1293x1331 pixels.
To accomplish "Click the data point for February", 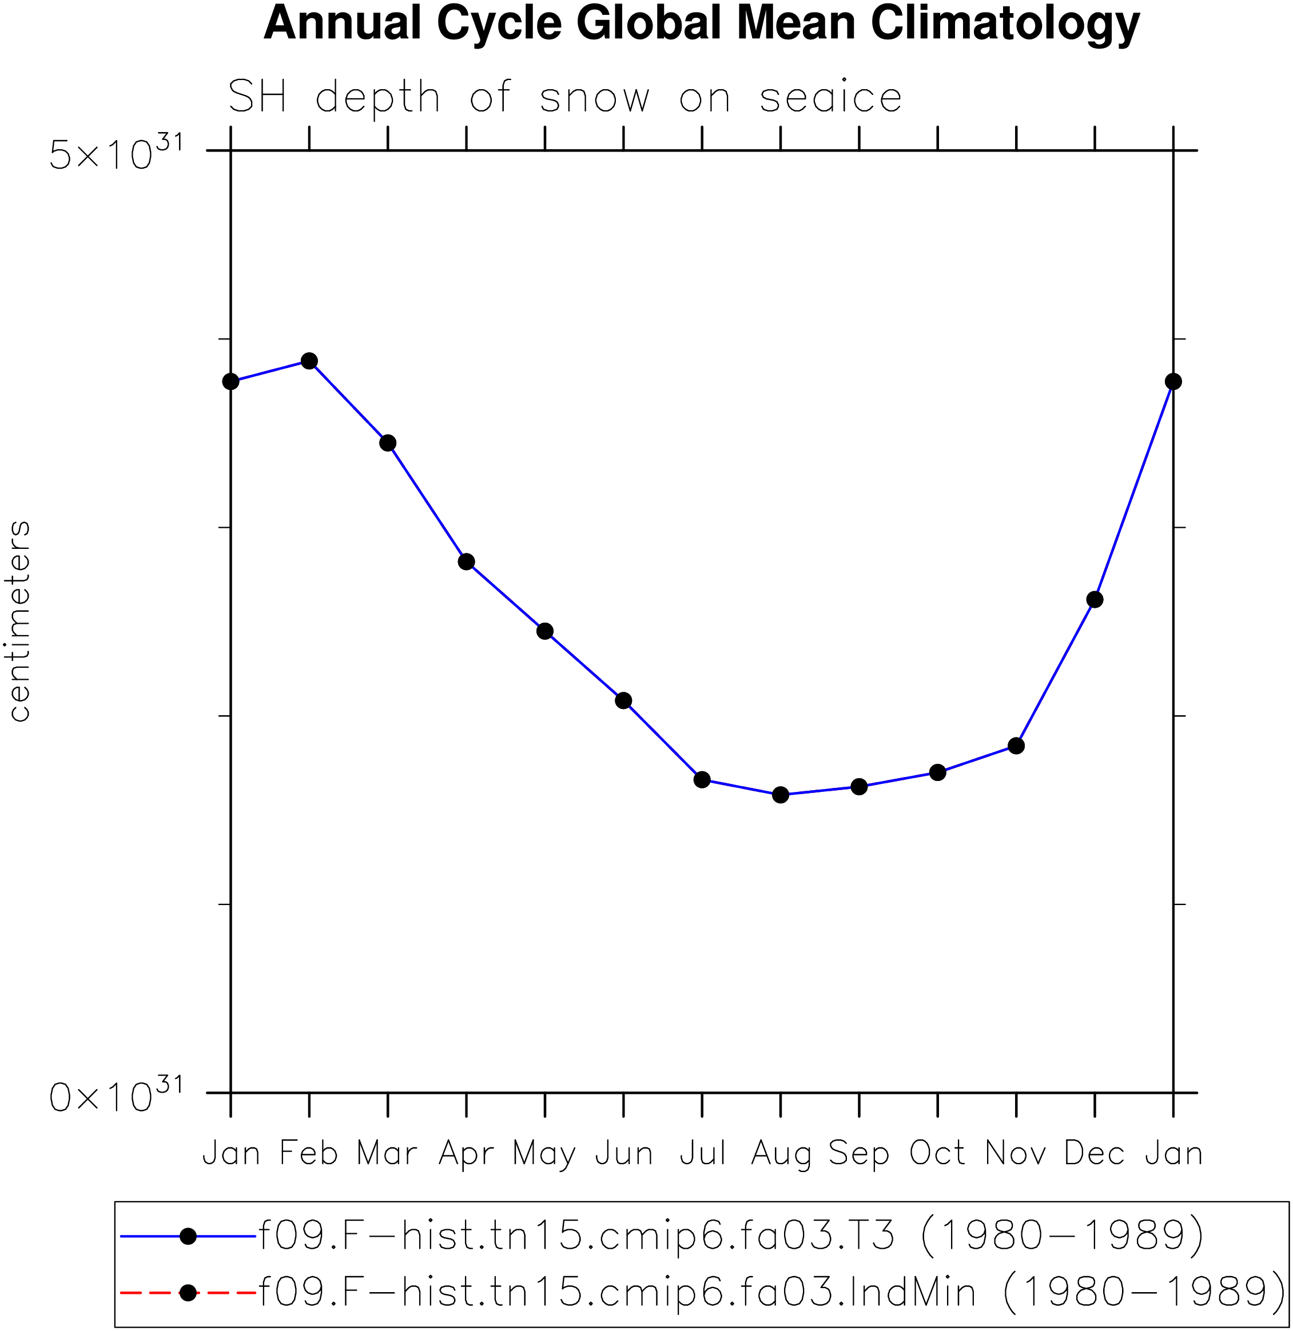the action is click(x=309, y=361).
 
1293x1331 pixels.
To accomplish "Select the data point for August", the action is click(x=781, y=795).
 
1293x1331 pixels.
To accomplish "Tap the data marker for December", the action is click(x=1095, y=600).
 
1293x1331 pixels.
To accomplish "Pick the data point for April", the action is click(x=467, y=561).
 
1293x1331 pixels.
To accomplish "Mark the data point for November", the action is click(x=1016, y=746).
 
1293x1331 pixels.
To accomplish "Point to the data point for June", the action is click(x=623, y=701).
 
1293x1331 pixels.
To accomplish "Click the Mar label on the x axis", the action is click(x=387, y=1153).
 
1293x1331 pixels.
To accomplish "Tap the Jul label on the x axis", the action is click(x=702, y=1153).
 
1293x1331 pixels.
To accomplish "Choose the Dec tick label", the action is click(x=1095, y=1153).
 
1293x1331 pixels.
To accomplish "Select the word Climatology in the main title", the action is click(x=1005, y=25).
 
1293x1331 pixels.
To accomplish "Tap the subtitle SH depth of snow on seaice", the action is click(x=565, y=97).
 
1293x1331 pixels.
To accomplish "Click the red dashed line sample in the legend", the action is click(x=188, y=1293).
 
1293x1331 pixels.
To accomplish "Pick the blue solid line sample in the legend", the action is click(x=188, y=1237).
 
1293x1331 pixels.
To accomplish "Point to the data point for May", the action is click(x=544, y=631).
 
